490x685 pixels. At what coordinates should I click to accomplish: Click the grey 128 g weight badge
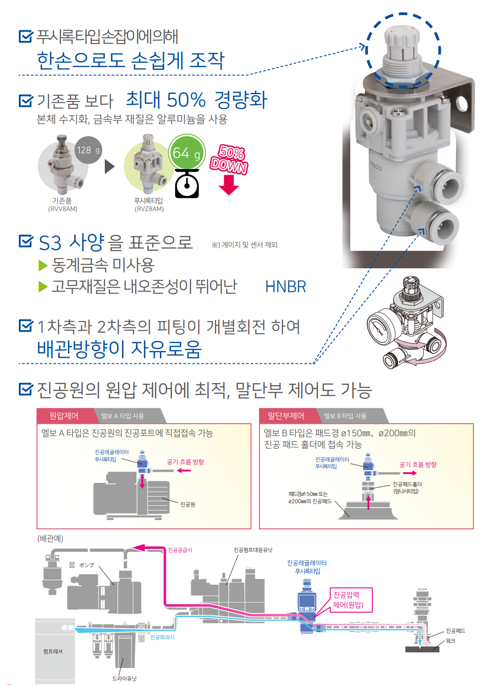pyautogui.click(x=88, y=150)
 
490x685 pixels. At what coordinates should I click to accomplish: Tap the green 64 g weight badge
pyautogui.click(x=187, y=153)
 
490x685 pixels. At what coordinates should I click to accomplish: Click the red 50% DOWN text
pyautogui.click(x=229, y=159)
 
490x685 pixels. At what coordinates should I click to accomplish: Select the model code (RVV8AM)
pyautogui.click(x=63, y=209)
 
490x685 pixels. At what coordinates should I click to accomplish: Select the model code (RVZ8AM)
pyautogui.click(x=149, y=209)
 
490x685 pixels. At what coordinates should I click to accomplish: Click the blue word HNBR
pyautogui.click(x=285, y=287)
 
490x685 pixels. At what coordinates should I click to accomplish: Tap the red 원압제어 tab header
pyautogui.click(x=64, y=416)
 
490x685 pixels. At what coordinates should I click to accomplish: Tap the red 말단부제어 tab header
pyautogui.click(x=286, y=416)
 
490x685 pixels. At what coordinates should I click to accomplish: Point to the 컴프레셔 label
pyautogui.click(x=53, y=651)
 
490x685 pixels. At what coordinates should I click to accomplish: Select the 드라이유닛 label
pyautogui.click(x=124, y=679)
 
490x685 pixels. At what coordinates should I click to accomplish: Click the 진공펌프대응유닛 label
pyautogui.click(x=253, y=550)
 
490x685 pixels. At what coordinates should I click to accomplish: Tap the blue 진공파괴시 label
pyautogui.click(x=162, y=637)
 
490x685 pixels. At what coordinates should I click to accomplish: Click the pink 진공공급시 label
pyautogui.click(x=180, y=550)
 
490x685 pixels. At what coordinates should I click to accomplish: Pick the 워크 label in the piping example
pyautogui.click(x=450, y=640)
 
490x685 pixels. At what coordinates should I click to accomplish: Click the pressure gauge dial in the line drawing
pyautogui.click(x=379, y=327)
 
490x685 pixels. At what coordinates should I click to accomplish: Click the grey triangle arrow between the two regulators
pyautogui.click(x=109, y=167)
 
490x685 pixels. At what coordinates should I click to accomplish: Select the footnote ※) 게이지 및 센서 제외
pyautogui.click(x=245, y=244)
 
